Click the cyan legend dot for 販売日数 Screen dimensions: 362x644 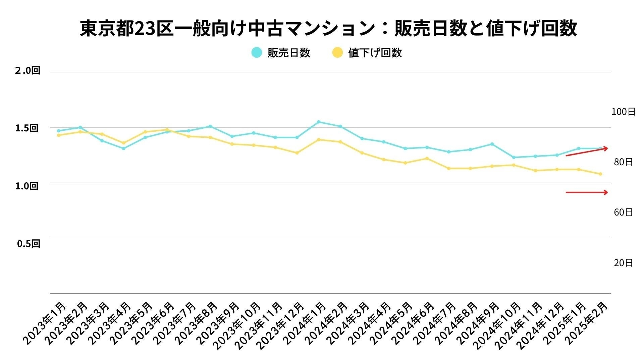point(257,53)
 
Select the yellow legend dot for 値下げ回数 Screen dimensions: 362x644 point(337,53)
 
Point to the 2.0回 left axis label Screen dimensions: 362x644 point(28,70)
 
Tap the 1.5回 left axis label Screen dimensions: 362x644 point(27,128)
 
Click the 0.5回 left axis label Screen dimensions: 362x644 point(29,244)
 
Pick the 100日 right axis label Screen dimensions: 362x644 point(623,112)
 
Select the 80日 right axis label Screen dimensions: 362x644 point(623,162)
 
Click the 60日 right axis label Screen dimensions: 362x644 point(623,213)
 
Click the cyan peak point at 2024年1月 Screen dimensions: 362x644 point(319,122)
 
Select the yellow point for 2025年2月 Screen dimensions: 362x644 point(600,174)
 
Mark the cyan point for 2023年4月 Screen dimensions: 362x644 point(123,148)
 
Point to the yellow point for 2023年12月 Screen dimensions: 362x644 point(297,153)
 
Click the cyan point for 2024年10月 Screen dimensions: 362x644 point(514,157)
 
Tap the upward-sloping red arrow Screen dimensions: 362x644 point(587,152)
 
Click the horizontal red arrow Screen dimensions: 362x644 point(587,192)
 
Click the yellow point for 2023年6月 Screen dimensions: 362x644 point(167,130)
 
